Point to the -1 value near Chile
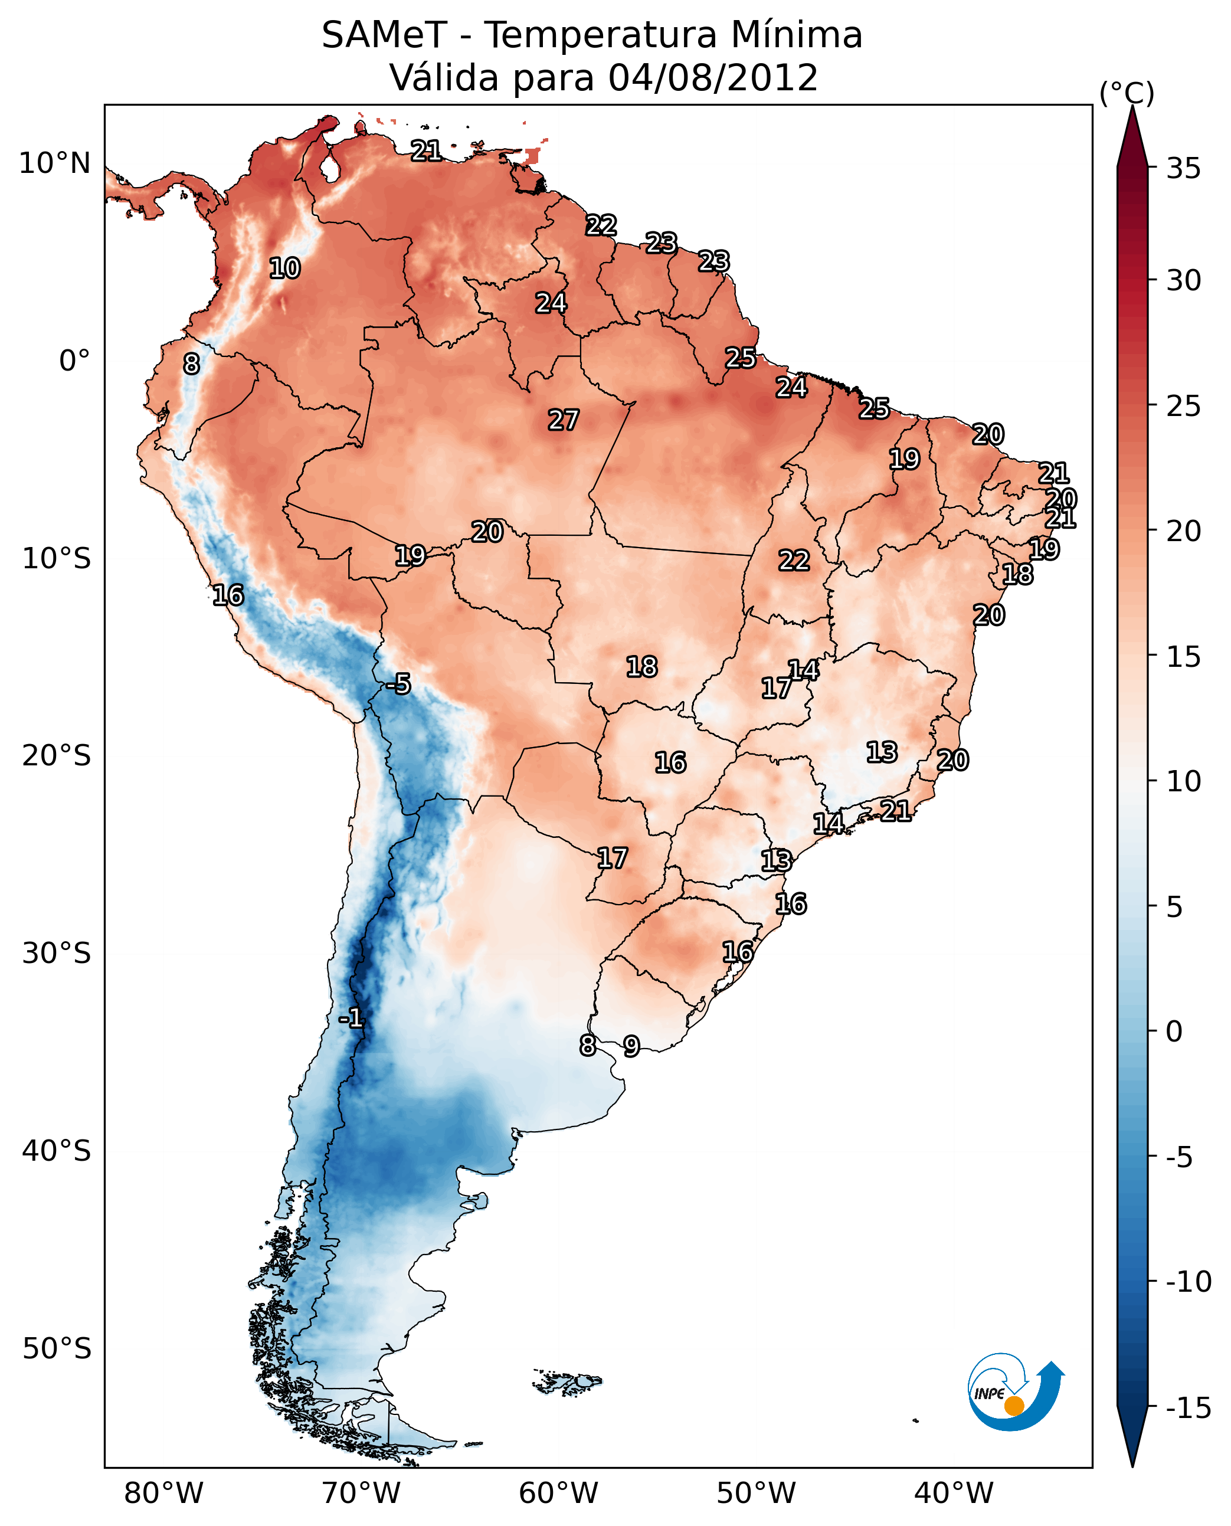(x=351, y=1019)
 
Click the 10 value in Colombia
(x=285, y=268)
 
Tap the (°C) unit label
(x=1127, y=93)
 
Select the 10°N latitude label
(x=55, y=164)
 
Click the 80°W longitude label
(x=164, y=1494)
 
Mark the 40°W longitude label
(x=954, y=1494)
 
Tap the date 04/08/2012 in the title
(x=713, y=77)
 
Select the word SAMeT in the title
(x=384, y=35)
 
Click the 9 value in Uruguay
(x=631, y=1046)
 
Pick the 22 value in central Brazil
(x=794, y=560)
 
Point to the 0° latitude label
(x=74, y=361)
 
